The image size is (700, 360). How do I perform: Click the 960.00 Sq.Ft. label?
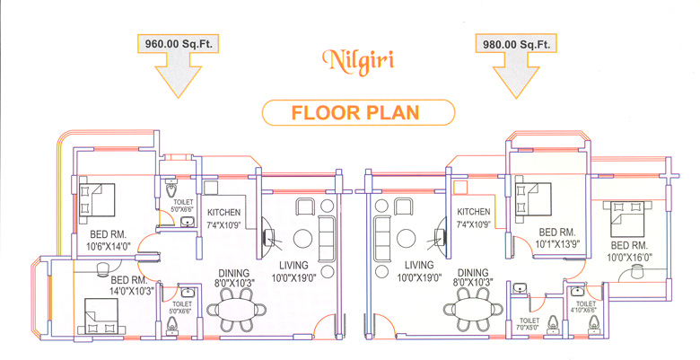[x=178, y=44]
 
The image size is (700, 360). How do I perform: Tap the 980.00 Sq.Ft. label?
[x=516, y=45]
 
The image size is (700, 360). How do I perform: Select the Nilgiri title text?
[x=358, y=61]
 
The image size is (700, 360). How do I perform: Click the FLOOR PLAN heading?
[x=355, y=112]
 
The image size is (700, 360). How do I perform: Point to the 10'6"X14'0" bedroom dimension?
[x=108, y=245]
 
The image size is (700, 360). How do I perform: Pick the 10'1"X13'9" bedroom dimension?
[x=556, y=244]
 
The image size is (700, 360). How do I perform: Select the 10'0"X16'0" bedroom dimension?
[x=629, y=258]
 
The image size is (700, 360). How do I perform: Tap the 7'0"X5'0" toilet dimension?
[x=529, y=327]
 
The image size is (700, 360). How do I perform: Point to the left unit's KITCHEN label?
[x=223, y=213]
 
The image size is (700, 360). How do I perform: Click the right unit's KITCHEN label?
[x=473, y=212]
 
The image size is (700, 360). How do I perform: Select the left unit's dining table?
[x=237, y=309]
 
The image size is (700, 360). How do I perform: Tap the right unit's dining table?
[x=473, y=309]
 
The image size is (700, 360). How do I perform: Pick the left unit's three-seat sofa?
[x=327, y=239]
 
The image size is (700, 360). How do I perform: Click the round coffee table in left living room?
[x=303, y=239]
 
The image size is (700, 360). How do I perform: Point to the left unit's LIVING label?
[x=293, y=266]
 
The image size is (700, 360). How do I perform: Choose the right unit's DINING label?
[x=473, y=272]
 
